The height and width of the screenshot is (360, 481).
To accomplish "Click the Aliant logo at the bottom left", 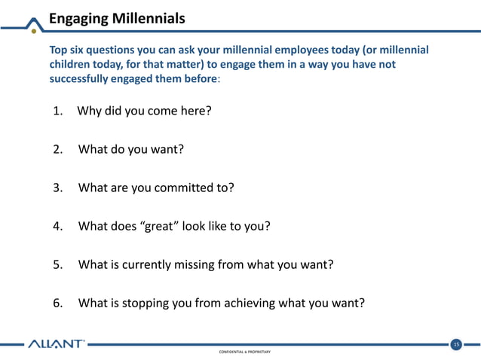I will (x=57, y=345).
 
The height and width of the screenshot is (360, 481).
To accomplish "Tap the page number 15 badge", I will (x=455, y=345).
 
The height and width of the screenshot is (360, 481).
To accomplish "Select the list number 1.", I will (x=57, y=111).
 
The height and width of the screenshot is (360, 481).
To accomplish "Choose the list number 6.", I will (x=57, y=304).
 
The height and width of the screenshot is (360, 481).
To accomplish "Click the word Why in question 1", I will (x=90, y=111).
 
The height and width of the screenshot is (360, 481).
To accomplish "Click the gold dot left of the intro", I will (x=34, y=51).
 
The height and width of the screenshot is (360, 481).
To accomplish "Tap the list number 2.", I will (x=57, y=149).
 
